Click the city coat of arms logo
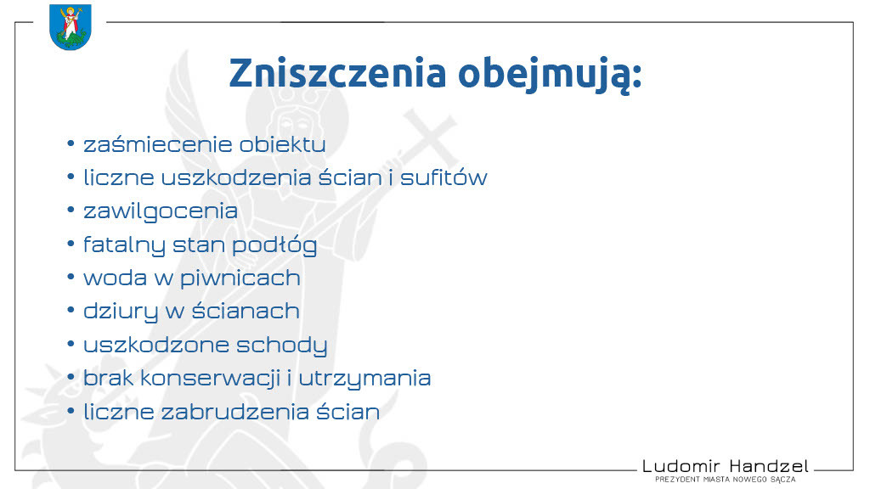tap(70, 26)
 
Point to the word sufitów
tap(443, 177)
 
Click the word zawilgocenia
tap(161, 211)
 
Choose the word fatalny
tap(124, 245)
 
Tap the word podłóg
tap(274, 245)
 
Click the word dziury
tap(121, 312)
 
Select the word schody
tap(282, 345)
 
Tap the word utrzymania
tap(364, 379)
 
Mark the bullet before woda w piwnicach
tap(71, 276)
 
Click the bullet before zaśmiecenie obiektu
tap(71, 143)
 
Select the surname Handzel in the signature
tap(769, 466)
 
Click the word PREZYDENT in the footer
tap(677, 480)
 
